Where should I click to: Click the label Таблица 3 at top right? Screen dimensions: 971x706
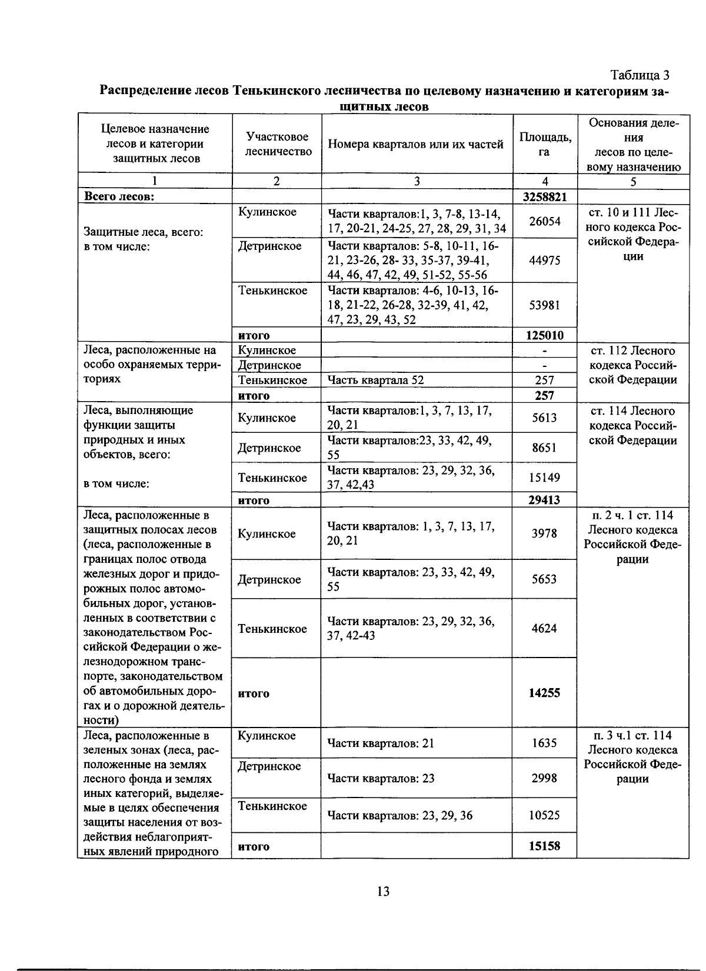(x=640, y=75)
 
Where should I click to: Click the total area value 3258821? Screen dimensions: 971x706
(x=545, y=196)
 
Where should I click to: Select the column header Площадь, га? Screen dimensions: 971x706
(x=545, y=144)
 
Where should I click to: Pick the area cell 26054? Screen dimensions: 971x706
(x=545, y=221)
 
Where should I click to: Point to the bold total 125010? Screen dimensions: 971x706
(x=545, y=336)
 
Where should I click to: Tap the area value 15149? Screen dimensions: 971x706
(x=545, y=478)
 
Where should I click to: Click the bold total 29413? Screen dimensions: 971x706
(x=545, y=500)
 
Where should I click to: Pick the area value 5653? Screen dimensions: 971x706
(x=545, y=579)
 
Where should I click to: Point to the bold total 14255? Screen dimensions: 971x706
(x=545, y=693)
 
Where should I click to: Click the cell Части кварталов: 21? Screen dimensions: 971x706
(x=381, y=743)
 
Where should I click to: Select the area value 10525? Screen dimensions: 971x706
(x=545, y=816)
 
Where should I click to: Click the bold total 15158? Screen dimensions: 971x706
(x=545, y=846)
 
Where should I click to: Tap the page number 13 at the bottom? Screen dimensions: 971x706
(x=382, y=892)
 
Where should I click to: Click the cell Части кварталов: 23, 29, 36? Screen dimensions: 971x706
(x=400, y=816)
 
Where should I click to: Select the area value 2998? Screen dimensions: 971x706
(x=545, y=779)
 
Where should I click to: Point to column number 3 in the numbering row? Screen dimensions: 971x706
(x=417, y=182)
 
